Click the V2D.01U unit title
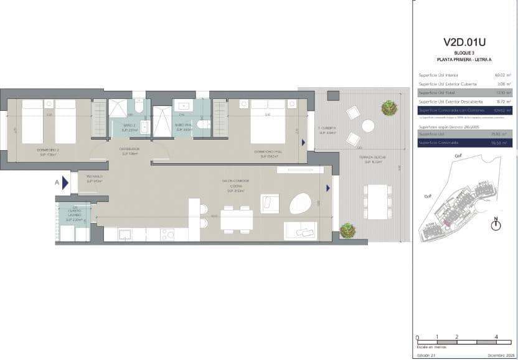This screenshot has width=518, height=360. coord(464,42)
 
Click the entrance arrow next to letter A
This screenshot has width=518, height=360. coord(65,182)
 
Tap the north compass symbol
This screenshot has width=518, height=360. coord(496,225)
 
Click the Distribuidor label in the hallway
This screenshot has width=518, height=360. coord(129,151)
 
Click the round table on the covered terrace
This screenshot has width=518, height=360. coord(368,126)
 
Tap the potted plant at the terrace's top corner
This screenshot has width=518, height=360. coord(390,108)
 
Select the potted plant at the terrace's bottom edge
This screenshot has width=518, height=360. coord(347,230)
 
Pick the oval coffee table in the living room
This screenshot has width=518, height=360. coord(301,204)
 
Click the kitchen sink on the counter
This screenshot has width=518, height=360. coord(125,234)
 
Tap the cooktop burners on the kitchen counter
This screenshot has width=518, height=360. coord(167,234)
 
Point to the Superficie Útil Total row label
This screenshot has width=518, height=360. coord(435,92)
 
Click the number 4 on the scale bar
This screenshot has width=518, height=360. coord(496,336)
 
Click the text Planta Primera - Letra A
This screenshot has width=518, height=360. coord(464,59)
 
